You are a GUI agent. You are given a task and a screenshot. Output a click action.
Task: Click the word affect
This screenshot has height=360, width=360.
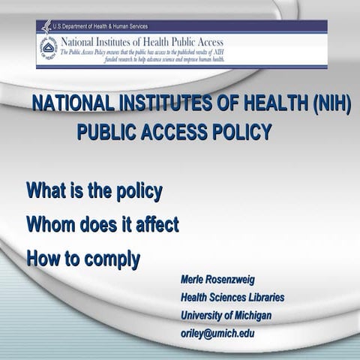[154, 224]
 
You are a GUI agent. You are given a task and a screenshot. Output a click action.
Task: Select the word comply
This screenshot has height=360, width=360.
[113, 259]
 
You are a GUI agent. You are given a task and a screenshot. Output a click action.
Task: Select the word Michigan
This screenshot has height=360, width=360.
[250, 315]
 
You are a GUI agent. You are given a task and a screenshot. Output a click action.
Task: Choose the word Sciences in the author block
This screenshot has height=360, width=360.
[225, 298]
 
